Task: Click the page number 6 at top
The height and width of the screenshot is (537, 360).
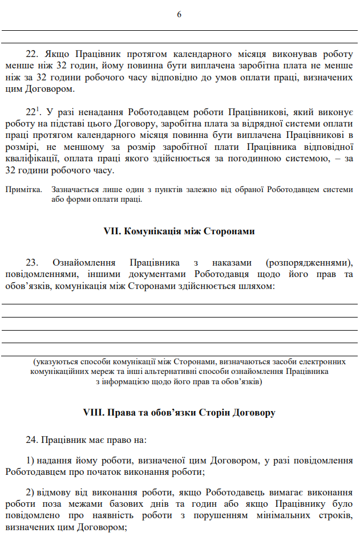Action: pos(179,14)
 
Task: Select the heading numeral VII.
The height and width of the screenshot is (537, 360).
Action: pos(110,231)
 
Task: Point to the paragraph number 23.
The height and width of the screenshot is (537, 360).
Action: pos(32,262)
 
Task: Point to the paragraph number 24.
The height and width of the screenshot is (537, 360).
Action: pos(32,440)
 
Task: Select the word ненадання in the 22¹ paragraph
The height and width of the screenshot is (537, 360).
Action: pos(99,111)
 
